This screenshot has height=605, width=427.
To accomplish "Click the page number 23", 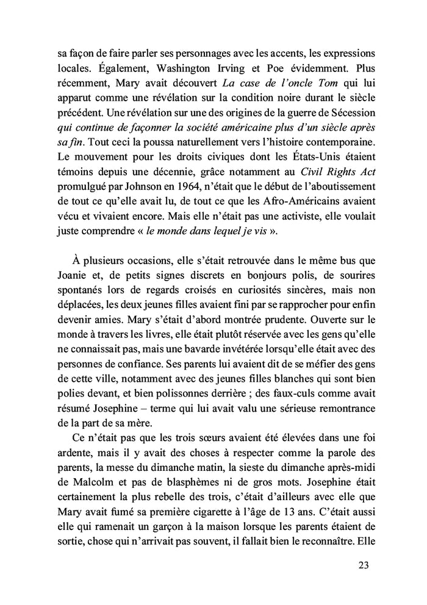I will coord(364,565).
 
